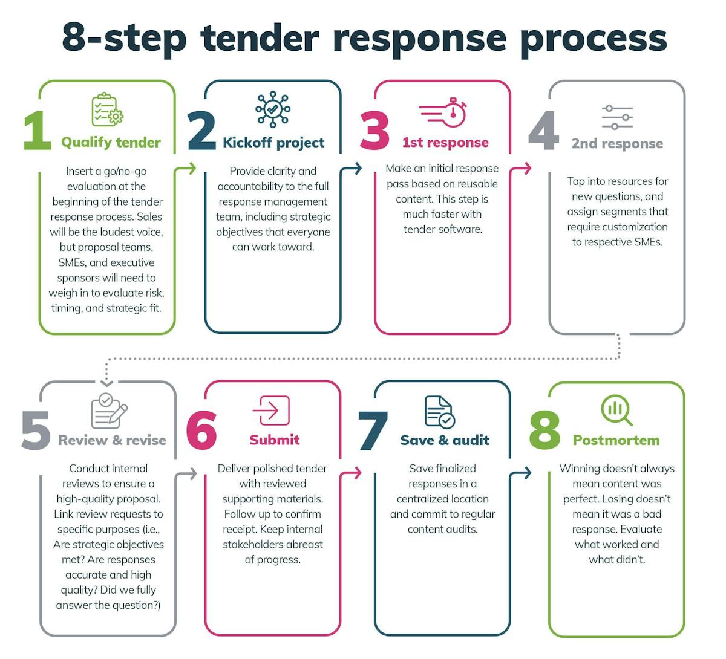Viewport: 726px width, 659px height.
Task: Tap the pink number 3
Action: [374, 131]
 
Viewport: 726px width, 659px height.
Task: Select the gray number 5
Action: [35, 430]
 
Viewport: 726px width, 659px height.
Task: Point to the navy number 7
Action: [373, 430]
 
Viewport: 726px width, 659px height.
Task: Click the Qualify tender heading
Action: [111, 143]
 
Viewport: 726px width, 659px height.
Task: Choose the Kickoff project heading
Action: [273, 143]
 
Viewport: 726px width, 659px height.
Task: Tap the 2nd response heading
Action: [617, 144]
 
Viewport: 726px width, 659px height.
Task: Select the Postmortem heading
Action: [616, 440]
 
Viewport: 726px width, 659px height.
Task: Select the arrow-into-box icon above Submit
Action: [271, 411]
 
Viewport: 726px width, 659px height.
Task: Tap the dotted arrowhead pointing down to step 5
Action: [106, 382]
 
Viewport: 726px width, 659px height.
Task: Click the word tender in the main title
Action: [260, 37]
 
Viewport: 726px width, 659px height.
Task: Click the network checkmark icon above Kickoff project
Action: [273, 110]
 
